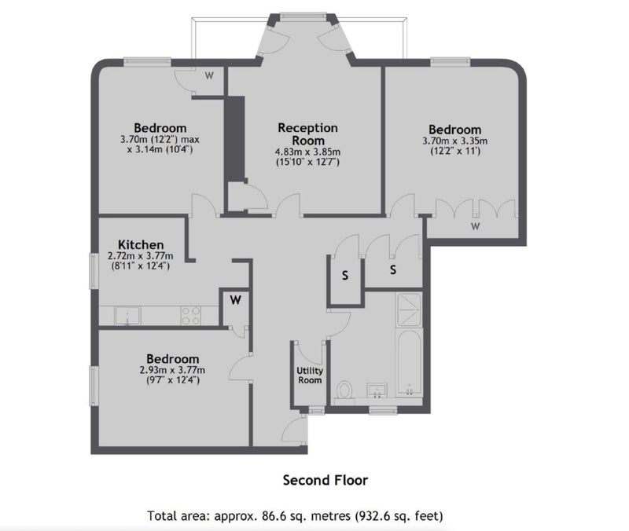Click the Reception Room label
(308, 134)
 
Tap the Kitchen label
(141, 244)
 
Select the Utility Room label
(309, 375)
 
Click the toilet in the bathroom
(344, 390)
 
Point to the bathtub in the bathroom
(409, 363)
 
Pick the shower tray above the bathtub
(409, 309)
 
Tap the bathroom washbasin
(377, 390)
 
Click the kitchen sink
(127, 316)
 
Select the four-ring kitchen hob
(191, 316)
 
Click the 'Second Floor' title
(326, 480)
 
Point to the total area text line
(296, 516)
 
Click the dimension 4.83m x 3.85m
(307, 152)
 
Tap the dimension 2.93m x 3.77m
(172, 370)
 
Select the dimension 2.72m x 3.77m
(141, 256)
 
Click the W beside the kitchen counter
(235, 300)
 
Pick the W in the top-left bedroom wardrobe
(209, 75)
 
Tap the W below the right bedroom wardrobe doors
(476, 226)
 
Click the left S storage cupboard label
(345, 276)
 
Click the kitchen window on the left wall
(93, 270)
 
